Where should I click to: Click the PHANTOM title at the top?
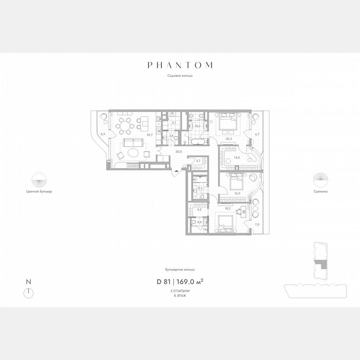click(180, 65)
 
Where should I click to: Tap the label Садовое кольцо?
click(180, 76)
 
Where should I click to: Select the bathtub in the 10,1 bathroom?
click(197, 142)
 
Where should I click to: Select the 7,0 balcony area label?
click(257, 225)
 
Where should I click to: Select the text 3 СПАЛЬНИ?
click(180, 290)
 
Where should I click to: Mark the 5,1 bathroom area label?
click(200, 188)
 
